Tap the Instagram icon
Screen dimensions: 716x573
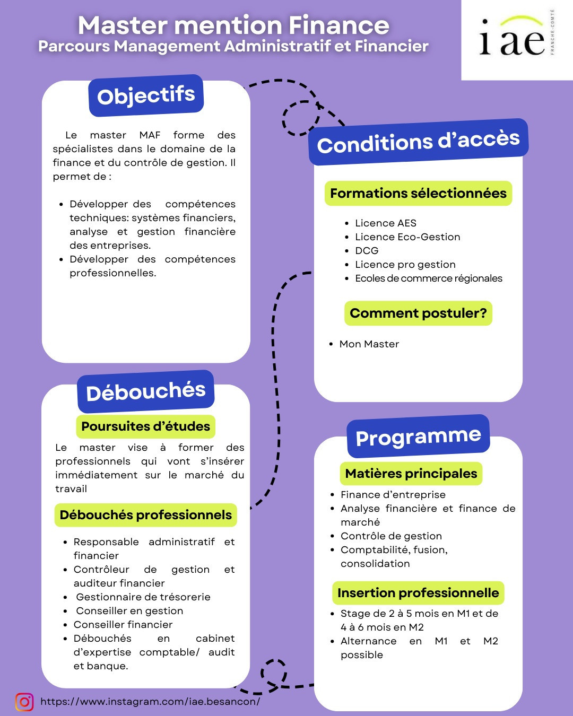coord(24,702)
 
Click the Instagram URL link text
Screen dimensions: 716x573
coord(150,702)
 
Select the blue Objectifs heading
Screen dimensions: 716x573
coord(146,95)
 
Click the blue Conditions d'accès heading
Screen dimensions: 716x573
coord(418,142)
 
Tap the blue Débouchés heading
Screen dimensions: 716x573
coord(145,391)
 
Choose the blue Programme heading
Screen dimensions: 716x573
coord(418,436)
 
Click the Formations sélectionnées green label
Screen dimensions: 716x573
coord(418,193)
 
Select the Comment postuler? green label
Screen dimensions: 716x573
coord(418,313)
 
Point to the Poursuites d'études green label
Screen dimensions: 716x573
coord(145,426)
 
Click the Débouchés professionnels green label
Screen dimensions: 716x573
coord(145,515)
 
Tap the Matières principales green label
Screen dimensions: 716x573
coord(411,474)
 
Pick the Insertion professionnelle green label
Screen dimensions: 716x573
coord(418,593)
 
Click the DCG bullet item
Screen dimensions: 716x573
coord(367,251)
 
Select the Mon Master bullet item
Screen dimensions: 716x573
coord(369,344)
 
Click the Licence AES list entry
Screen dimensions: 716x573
coord(386,223)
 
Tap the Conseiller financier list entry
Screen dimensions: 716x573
coord(123,625)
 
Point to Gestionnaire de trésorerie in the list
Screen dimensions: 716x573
coord(143,597)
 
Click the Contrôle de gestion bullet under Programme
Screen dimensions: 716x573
coord(391,536)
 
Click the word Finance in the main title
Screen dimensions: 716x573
coord(339,25)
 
